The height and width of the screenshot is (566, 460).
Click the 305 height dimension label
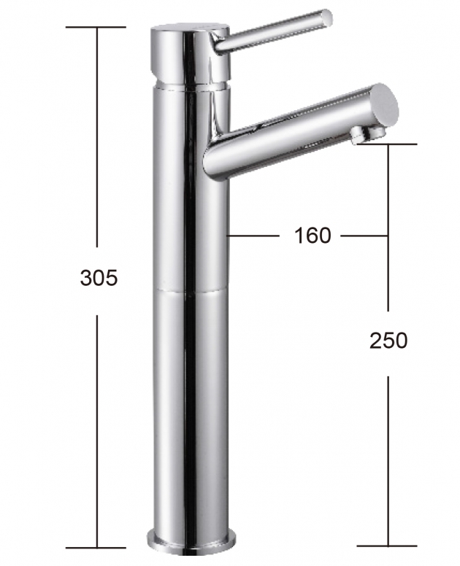[x=98, y=277]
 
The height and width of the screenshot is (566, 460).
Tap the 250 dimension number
[x=388, y=340]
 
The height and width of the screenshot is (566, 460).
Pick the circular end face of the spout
[x=385, y=104]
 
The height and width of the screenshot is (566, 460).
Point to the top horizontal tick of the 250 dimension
[x=388, y=144]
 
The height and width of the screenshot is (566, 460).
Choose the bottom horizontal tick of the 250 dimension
[x=388, y=546]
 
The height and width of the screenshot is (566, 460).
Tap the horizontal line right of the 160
[x=363, y=236]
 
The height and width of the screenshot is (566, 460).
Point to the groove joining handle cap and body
[x=190, y=82]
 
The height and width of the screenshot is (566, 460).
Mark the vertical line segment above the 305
[x=97, y=139]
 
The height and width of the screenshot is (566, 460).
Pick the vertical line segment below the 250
[x=388, y=460]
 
